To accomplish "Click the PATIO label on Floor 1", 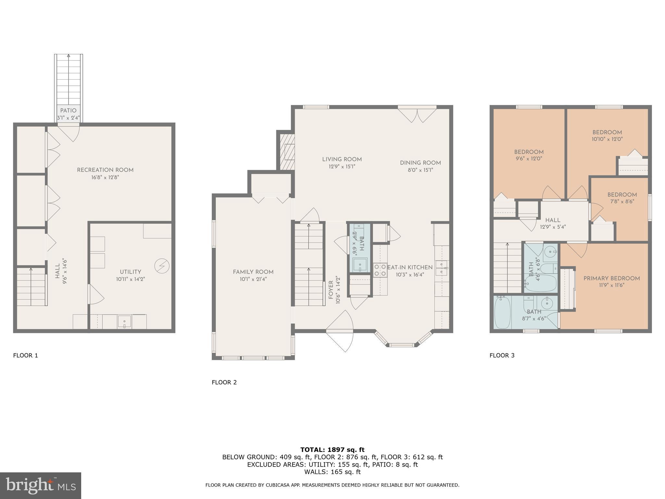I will (68, 110).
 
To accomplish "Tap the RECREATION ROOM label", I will (105, 170).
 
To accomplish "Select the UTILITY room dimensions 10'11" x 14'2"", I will (131, 279).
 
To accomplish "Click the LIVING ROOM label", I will (342, 159).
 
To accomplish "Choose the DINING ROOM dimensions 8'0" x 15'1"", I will (420, 170).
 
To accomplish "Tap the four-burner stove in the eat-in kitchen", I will (380, 270).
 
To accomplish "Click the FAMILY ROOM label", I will (253, 272).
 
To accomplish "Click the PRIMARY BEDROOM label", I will (611, 278).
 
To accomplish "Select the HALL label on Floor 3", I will (553, 220).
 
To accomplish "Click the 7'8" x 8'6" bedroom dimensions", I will (622, 201).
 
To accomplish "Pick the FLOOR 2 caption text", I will (224, 382).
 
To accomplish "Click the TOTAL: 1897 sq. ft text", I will (332, 450).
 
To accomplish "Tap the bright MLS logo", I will (40, 485).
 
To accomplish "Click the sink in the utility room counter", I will (124, 322).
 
